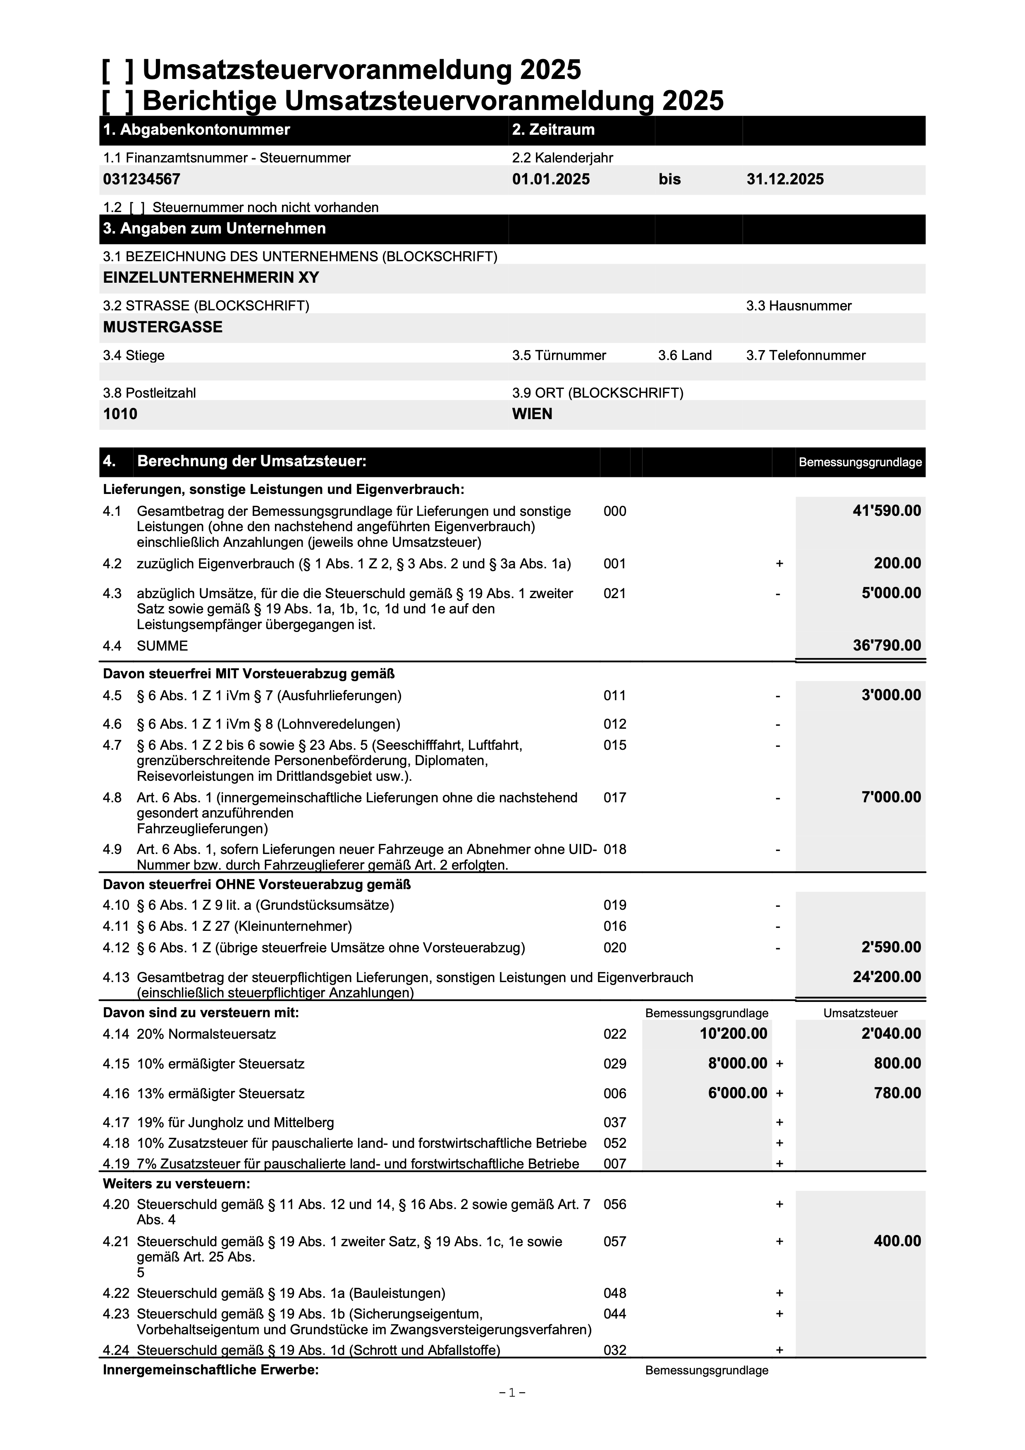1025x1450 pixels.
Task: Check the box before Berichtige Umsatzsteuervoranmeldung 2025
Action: click(x=117, y=101)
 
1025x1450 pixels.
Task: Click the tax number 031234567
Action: click(x=141, y=179)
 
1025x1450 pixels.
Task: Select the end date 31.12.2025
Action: click(x=785, y=179)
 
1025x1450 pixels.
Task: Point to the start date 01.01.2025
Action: click(x=551, y=179)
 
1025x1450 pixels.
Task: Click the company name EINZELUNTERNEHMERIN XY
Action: click(x=211, y=278)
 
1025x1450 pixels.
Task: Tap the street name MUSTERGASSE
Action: click(x=163, y=327)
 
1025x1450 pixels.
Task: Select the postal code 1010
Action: click(x=120, y=414)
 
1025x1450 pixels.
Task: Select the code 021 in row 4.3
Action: click(x=614, y=594)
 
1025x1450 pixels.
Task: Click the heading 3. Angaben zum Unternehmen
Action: click(x=214, y=229)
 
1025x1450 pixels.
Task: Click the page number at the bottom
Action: click(x=512, y=1410)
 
